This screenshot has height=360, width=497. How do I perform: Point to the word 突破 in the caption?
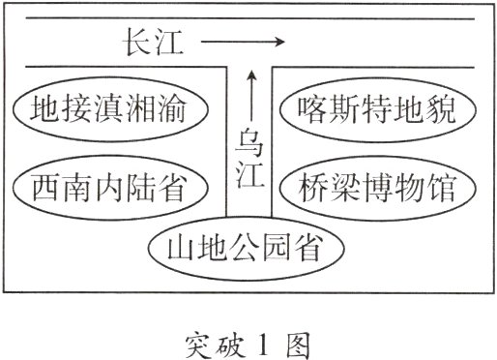[213, 341]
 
